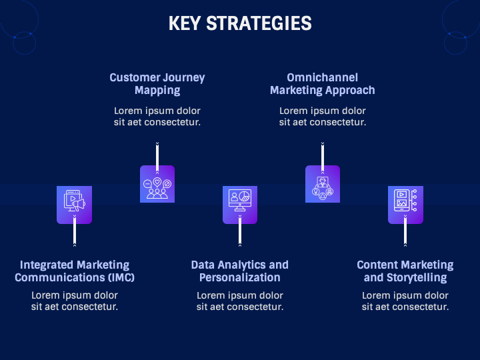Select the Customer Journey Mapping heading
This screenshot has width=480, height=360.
pyautogui.click(x=157, y=84)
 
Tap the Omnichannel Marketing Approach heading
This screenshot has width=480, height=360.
pyautogui.click(x=323, y=84)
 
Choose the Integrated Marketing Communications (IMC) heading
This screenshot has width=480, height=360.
pyautogui.click(x=75, y=271)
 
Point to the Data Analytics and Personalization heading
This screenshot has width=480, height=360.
pyautogui.click(x=240, y=271)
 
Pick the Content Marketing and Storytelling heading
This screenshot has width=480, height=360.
pyautogui.click(x=405, y=271)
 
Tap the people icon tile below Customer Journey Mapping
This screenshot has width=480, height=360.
pyautogui.click(x=157, y=183)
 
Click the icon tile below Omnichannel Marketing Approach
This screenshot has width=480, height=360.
pyautogui.click(x=323, y=183)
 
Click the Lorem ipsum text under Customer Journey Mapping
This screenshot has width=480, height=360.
pyautogui.click(x=157, y=117)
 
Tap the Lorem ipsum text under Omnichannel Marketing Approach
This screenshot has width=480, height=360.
pyautogui.click(x=323, y=117)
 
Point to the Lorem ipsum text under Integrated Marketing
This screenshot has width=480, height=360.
pyautogui.click(x=75, y=301)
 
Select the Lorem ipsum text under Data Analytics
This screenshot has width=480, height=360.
pyautogui.click(x=240, y=301)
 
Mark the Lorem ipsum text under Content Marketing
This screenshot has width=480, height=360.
pyautogui.click(x=405, y=301)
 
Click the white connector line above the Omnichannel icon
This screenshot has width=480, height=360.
pyautogui.click(x=323, y=155)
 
